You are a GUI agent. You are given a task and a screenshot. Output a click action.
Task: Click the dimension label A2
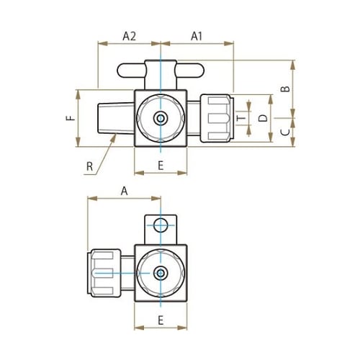tap(130, 35)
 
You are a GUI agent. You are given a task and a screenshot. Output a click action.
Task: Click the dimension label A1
tap(197, 35)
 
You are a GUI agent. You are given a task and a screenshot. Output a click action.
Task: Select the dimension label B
tap(284, 89)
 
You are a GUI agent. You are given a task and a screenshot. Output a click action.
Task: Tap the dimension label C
tap(284, 132)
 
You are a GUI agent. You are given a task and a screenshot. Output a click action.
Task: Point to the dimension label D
tap(264, 117)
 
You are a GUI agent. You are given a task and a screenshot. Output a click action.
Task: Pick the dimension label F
tap(70, 118)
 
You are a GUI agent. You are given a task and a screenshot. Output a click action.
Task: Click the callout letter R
tap(89, 167)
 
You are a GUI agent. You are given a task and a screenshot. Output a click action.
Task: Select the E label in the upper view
tap(161, 166)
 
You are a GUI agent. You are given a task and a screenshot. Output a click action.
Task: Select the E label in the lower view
tap(161, 319)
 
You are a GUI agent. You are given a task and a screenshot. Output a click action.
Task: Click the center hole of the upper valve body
tap(161, 117)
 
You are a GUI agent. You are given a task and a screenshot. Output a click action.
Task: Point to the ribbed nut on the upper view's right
tap(215, 117)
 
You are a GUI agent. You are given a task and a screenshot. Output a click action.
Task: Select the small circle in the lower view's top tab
tap(160, 224)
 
